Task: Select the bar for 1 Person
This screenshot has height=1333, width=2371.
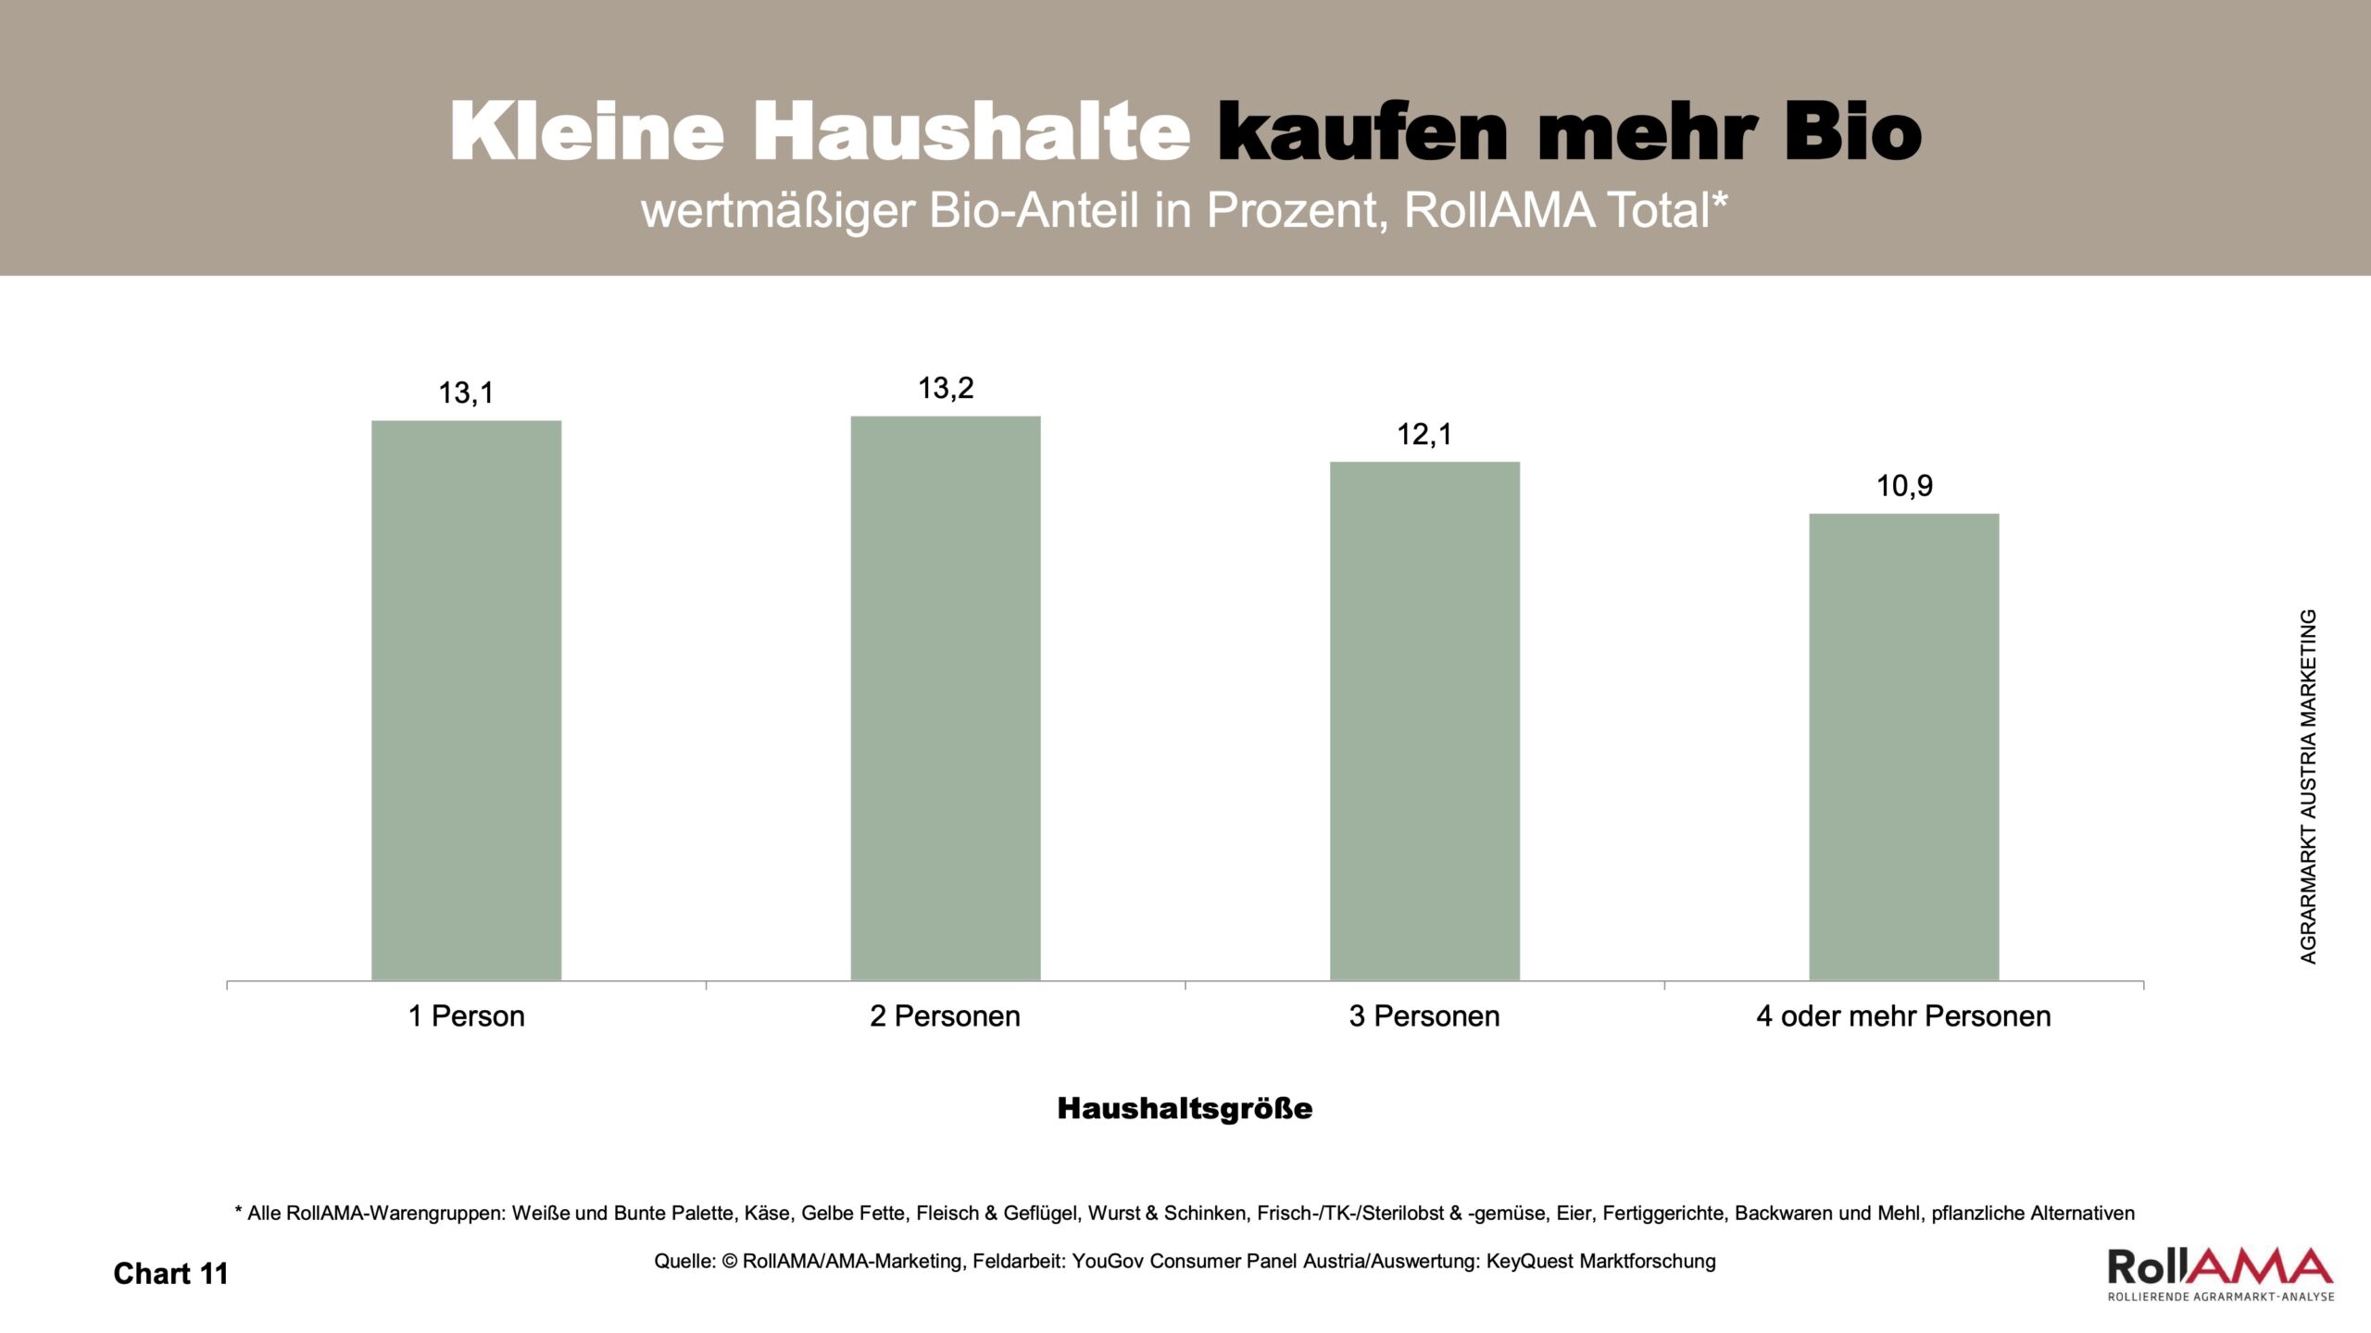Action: (x=466, y=700)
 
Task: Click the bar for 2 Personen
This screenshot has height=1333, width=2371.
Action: (x=946, y=698)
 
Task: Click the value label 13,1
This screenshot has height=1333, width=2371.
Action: (x=466, y=393)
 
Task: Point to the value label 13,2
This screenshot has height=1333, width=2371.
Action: (x=946, y=388)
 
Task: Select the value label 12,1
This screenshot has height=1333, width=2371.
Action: (x=1424, y=434)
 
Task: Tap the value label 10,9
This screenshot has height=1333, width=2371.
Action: (x=1904, y=486)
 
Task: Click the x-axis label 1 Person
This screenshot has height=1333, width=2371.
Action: (x=466, y=1016)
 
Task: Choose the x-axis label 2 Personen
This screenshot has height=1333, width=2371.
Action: (x=945, y=1016)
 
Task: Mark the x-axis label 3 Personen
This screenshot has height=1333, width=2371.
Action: (x=1424, y=1016)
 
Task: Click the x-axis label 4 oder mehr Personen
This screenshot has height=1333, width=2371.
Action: (x=1903, y=1016)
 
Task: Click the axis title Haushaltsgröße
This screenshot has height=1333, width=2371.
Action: (x=1185, y=1108)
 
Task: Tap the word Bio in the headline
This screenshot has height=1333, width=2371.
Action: (x=1852, y=132)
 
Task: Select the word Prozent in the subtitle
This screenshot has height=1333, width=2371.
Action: (x=1297, y=211)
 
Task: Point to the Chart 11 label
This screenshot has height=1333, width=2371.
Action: (x=170, y=1274)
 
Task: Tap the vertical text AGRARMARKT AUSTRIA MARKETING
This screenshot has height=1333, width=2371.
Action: (x=2307, y=787)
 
